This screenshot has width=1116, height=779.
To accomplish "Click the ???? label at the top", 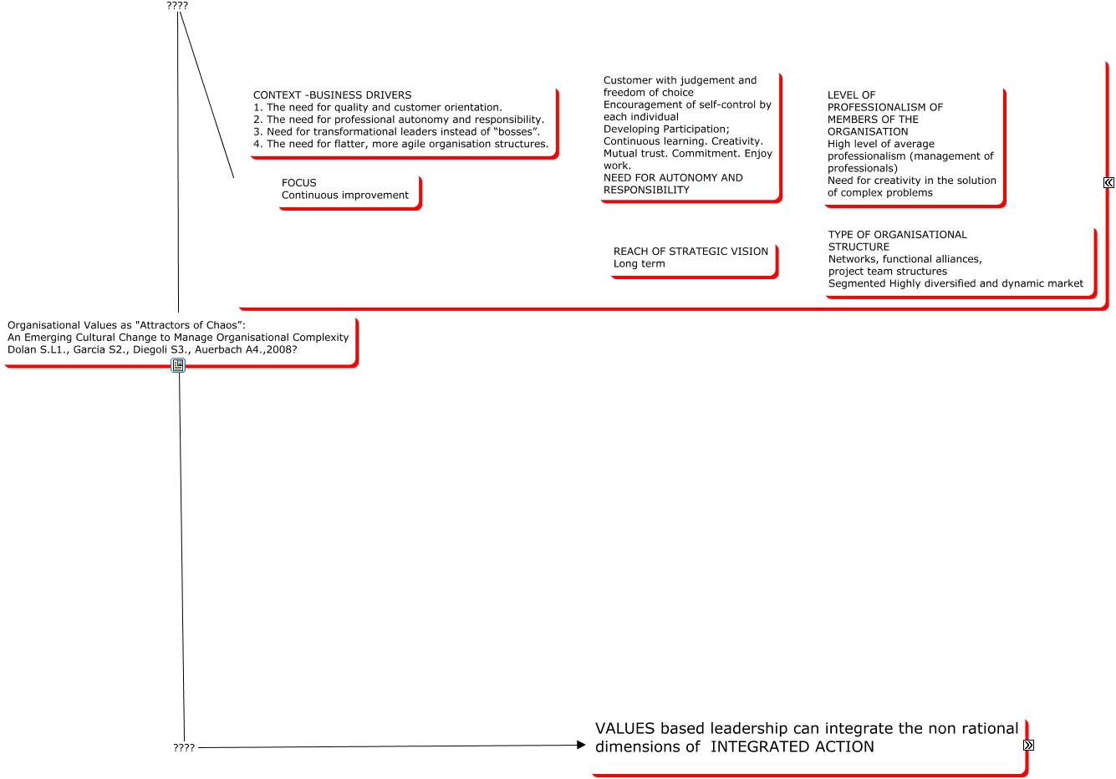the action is (x=177, y=6).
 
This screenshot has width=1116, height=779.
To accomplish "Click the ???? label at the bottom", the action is (x=184, y=748).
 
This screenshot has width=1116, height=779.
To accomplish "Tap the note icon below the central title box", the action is (x=178, y=365).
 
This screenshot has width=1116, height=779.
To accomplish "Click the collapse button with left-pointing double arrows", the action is (x=1108, y=182).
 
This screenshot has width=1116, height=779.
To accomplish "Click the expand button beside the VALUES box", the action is (x=1028, y=745).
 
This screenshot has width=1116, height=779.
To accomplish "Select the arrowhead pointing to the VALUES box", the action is (x=581, y=745).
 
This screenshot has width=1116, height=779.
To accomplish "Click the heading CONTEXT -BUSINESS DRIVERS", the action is (x=332, y=95).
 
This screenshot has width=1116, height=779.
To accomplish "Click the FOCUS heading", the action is (x=298, y=183).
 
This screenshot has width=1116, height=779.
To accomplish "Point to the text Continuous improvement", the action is (x=344, y=196).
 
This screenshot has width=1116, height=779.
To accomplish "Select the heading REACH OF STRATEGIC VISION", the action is (x=690, y=252).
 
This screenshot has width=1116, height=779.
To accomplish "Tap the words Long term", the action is (x=639, y=264).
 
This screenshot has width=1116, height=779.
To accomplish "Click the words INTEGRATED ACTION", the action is (x=792, y=747).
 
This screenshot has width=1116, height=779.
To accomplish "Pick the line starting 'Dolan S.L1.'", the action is (x=151, y=350).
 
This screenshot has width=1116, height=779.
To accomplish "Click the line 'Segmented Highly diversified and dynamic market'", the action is (x=955, y=284).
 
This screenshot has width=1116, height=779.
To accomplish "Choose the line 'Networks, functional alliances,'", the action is (x=905, y=259).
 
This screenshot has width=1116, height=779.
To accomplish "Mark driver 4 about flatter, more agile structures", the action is (x=400, y=145).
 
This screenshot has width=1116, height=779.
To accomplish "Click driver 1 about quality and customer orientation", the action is (x=377, y=108).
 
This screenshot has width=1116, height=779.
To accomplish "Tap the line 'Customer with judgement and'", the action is (x=680, y=81).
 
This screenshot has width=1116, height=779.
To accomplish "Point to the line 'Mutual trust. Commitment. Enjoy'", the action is (x=687, y=154).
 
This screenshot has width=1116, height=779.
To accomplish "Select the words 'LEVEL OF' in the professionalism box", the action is (x=851, y=95).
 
